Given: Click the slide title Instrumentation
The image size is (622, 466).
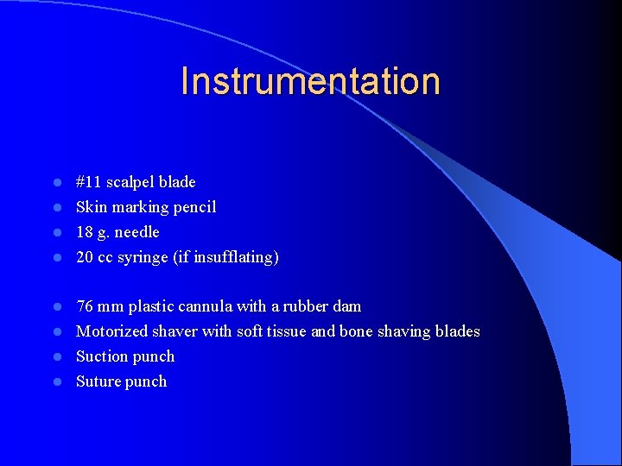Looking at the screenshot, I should (310, 81).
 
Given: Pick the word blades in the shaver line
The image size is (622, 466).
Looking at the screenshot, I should (457, 331).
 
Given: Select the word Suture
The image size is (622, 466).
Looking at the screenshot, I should (98, 381).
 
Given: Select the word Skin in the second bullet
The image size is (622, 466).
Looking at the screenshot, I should (91, 207).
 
